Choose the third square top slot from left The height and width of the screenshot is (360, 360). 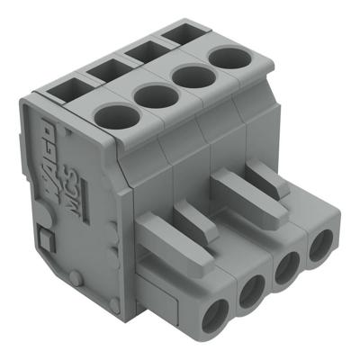144,51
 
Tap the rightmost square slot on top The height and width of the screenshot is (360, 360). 176,36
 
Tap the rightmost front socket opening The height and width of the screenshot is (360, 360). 319,249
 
